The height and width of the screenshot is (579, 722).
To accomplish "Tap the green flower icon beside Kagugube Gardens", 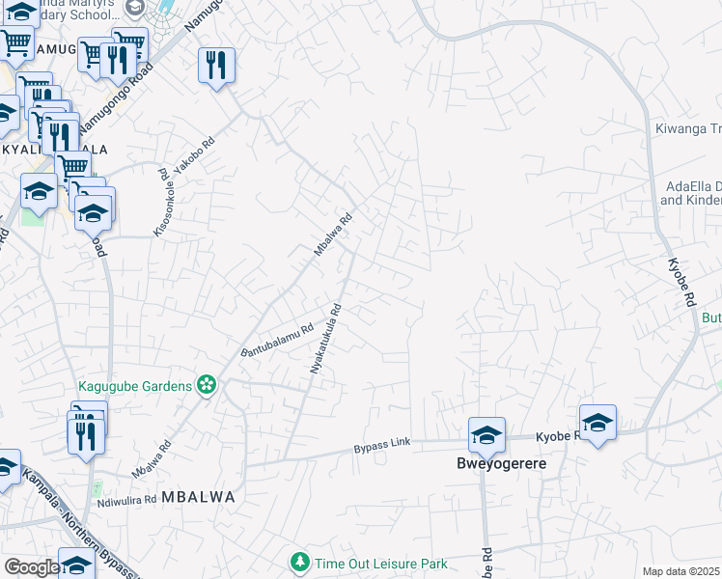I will [x=206, y=385].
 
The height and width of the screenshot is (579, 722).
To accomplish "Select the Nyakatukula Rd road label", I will [x=326, y=340].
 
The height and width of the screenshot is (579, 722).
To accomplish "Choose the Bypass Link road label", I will [x=382, y=443].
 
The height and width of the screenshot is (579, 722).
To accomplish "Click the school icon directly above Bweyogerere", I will [x=487, y=435].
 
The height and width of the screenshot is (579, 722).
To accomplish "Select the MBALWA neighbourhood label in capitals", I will [x=198, y=497].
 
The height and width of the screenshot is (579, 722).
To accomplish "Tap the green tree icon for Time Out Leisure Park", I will [x=300, y=562].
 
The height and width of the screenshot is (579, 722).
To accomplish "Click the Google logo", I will [x=31, y=567].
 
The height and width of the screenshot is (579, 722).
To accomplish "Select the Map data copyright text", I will [x=681, y=571].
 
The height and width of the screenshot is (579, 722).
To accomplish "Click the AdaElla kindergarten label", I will [x=690, y=193].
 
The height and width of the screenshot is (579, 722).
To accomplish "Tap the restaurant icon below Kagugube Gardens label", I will [x=85, y=434].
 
